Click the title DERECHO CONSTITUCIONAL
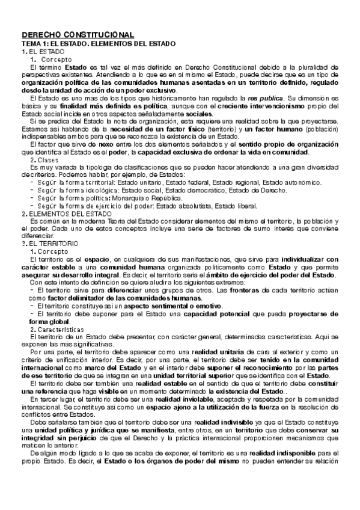tap(78, 35)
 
